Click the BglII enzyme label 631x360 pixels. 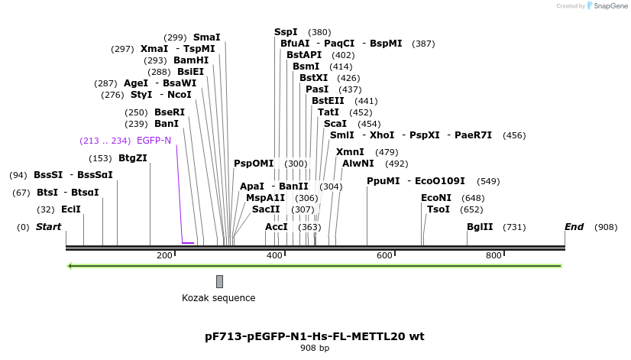tap(480, 227)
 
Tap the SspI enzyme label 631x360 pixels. tap(286, 32)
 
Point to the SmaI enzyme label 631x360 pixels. tap(206, 37)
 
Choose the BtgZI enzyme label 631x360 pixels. tap(132, 158)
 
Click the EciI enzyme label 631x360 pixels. tap(70, 209)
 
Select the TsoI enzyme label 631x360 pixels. tap(438, 209)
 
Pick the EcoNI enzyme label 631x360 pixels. tap(436, 197)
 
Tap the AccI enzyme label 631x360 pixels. tap(276, 227)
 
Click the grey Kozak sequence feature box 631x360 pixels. tap(219, 281)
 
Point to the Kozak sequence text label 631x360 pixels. tap(218, 298)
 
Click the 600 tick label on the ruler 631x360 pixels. tap(384, 255)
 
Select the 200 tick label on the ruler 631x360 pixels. tap(165, 255)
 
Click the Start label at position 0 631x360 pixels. tap(48, 227)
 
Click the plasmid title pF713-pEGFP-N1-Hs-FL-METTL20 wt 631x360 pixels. tap(315, 336)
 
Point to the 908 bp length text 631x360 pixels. tap(315, 349)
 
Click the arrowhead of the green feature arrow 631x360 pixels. tap(70, 266)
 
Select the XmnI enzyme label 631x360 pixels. tap(350, 152)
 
